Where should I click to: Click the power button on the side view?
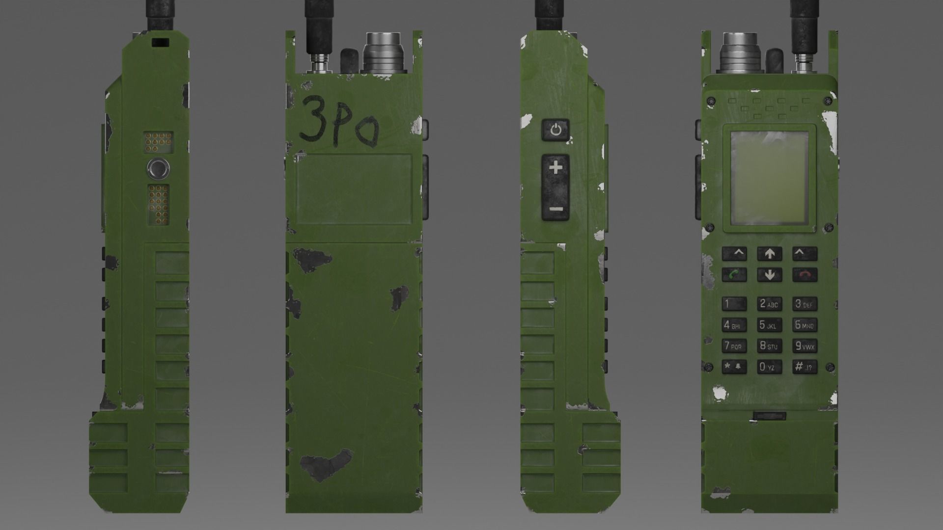(555, 130)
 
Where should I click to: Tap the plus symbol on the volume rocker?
(555, 168)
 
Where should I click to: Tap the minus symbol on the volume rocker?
(555, 209)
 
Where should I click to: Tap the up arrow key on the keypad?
(770, 254)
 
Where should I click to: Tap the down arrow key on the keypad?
(770, 274)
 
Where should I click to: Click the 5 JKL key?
(769, 325)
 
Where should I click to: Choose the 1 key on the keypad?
(734, 304)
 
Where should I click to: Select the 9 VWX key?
(804, 346)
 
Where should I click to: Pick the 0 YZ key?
(769, 367)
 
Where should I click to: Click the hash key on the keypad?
(804, 367)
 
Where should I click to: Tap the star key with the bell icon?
(734, 367)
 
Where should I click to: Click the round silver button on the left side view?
(158, 169)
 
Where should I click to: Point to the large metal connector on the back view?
(383, 53)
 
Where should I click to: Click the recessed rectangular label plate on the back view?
(354, 189)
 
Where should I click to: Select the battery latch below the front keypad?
(770, 416)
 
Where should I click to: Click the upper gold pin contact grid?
(158, 141)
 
